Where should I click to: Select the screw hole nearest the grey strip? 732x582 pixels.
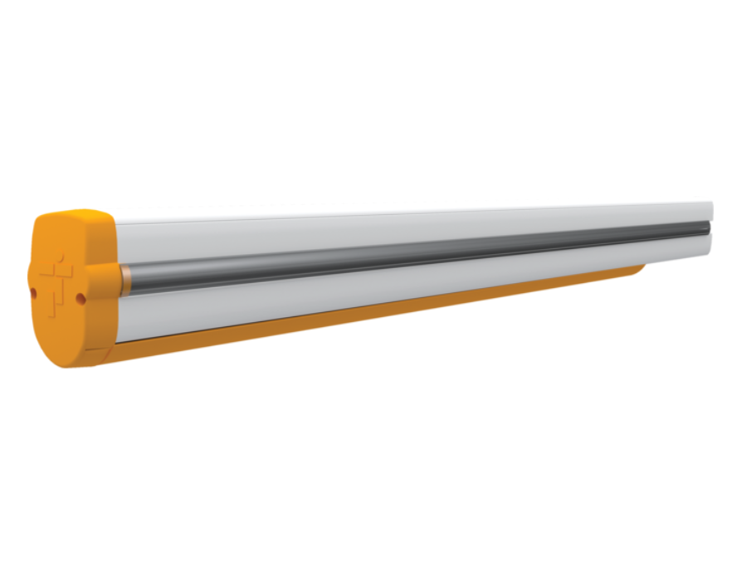[x=81, y=297]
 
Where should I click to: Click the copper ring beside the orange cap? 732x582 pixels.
[x=123, y=281]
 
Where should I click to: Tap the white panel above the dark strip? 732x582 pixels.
[x=415, y=223]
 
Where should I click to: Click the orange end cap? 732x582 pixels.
[x=71, y=315]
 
